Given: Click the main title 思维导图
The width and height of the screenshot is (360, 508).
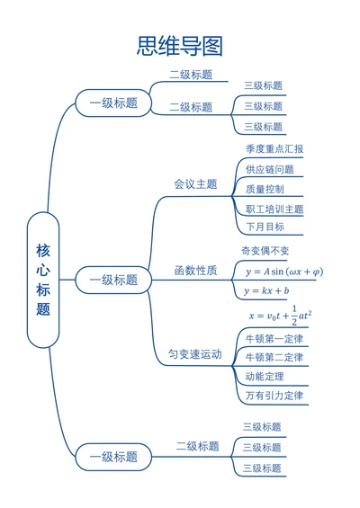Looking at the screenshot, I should [x=179, y=45].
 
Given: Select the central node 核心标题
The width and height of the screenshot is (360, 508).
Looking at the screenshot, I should [x=43, y=280].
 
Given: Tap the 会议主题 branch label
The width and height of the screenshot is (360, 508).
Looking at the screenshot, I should [x=195, y=184].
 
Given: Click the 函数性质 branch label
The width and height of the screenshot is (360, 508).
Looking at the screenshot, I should [x=195, y=271].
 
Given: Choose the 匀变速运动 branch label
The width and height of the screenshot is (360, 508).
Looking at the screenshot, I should [x=195, y=355].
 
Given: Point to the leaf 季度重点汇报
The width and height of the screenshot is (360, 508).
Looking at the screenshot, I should [x=274, y=149].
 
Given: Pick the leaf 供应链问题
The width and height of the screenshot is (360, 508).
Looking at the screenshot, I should [x=269, y=169].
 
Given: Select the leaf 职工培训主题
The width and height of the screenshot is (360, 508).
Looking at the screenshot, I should [x=274, y=209].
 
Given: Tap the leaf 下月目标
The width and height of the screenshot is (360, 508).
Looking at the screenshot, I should [x=265, y=227].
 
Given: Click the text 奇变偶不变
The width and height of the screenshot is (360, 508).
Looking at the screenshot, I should [x=265, y=250].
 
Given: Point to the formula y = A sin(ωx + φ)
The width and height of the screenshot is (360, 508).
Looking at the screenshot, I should [x=283, y=272].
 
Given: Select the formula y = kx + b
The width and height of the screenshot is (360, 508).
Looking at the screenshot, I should [x=266, y=291].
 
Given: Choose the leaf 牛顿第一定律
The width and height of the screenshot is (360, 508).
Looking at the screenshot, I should [x=274, y=339].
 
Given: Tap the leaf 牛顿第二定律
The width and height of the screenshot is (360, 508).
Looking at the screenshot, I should [x=274, y=358].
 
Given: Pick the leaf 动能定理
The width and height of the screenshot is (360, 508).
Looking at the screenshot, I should [x=265, y=377].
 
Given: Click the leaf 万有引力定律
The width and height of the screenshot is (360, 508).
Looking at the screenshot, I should [x=274, y=396].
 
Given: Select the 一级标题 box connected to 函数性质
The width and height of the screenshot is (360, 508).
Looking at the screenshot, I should [x=113, y=280].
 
